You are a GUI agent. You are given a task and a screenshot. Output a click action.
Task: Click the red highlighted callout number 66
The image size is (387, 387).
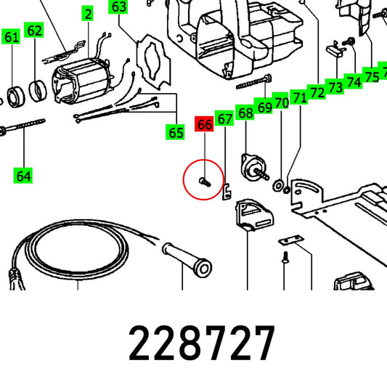[204, 124]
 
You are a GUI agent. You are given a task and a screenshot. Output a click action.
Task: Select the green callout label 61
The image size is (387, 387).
[11, 36]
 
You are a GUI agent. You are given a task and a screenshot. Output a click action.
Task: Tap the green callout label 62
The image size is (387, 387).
[34, 30]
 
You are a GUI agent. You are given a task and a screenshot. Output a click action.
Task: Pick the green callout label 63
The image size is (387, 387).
[118, 7]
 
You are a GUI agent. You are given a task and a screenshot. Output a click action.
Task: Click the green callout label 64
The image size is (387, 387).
[23, 175]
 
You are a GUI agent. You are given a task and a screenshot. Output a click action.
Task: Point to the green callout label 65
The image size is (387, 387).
[175, 132]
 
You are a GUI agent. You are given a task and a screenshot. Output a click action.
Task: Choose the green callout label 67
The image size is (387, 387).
[224, 118]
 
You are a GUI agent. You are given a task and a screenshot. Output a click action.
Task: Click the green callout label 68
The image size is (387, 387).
[245, 113]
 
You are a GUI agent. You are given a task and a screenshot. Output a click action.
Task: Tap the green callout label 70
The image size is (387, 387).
[280, 102]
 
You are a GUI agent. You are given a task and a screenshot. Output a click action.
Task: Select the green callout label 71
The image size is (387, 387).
[299, 97]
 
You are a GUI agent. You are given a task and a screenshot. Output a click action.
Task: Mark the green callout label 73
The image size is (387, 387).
[335, 86]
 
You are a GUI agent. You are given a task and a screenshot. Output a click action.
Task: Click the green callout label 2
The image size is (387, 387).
[88, 14]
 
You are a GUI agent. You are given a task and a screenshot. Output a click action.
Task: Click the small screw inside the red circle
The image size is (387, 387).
[205, 182]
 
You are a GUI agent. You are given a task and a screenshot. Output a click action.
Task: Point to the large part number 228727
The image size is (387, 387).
[202, 343]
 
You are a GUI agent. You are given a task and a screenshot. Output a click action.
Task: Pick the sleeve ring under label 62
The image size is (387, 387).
[38, 90]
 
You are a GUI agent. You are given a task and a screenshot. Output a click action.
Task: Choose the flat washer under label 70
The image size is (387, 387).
[278, 186]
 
